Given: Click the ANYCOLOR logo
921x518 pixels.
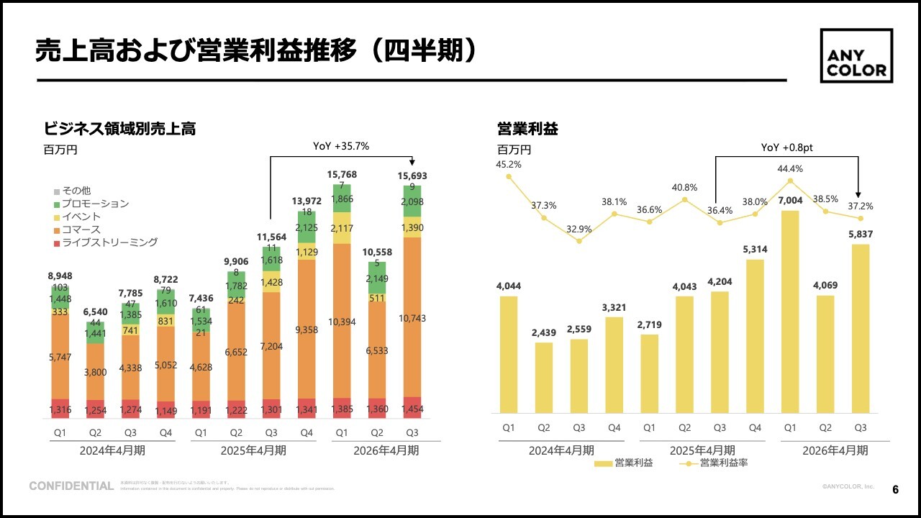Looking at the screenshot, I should pyautogui.click(x=856, y=56).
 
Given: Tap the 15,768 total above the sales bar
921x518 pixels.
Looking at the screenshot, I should pyautogui.click(x=342, y=175).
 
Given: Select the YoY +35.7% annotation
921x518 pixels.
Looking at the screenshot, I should pyautogui.click(x=341, y=146).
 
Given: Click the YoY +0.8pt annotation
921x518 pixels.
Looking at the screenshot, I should pyautogui.click(x=786, y=147).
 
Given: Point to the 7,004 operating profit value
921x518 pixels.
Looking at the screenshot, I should pyautogui.click(x=790, y=199).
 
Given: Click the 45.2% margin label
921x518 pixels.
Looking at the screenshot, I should pyautogui.click(x=508, y=164).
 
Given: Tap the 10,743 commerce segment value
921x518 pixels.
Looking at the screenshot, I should pyautogui.click(x=412, y=318).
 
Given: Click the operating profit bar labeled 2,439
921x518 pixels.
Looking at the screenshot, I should pyautogui.click(x=544, y=378).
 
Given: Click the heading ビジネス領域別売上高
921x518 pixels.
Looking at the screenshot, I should pyautogui.click(x=119, y=129).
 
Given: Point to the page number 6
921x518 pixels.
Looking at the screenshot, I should pyautogui.click(x=895, y=490).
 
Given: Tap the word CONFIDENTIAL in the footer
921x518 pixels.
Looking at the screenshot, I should pyautogui.click(x=71, y=486).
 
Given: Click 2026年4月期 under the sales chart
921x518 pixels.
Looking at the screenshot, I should pyautogui.click(x=386, y=450).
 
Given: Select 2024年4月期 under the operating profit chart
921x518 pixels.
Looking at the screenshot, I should pyautogui.click(x=561, y=450).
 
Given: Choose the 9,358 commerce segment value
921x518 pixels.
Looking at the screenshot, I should pyautogui.click(x=307, y=330).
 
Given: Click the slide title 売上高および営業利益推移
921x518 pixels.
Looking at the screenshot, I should pyautogui.click(x=194, y=51).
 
